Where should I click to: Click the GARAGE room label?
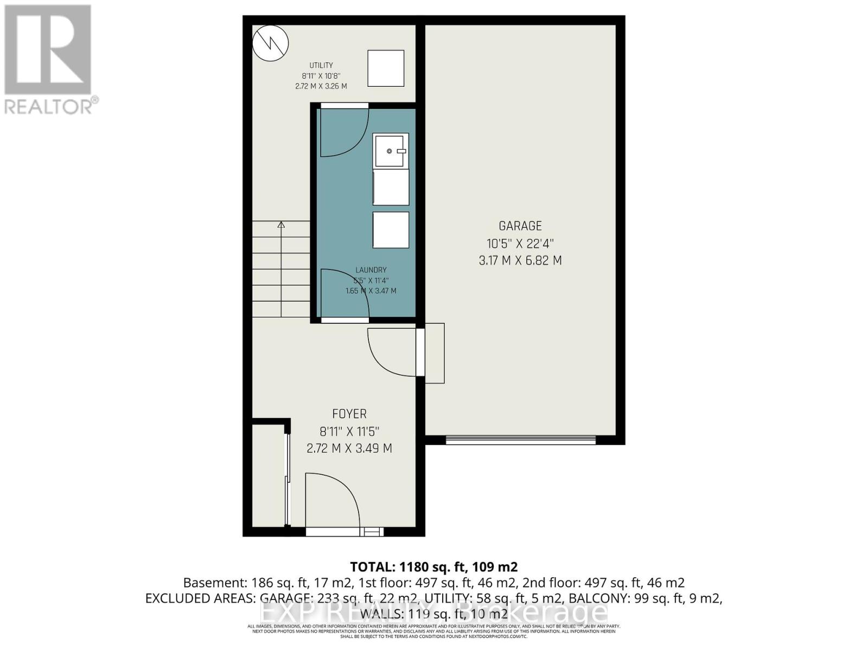520,226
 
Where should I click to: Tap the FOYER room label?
349,414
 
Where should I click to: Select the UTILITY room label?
321,66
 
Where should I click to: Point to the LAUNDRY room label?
371,270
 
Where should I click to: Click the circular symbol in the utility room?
270,43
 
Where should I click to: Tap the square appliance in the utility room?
386,68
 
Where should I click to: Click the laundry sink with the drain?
391,150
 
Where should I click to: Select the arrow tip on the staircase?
281,224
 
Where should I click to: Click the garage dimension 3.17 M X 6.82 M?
520,260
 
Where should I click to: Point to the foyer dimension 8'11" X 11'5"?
349,432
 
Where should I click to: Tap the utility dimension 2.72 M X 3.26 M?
321,86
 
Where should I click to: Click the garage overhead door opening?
521,440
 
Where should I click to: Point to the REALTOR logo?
49,60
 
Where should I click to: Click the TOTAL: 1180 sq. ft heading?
433,567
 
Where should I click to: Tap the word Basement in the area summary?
215,583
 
